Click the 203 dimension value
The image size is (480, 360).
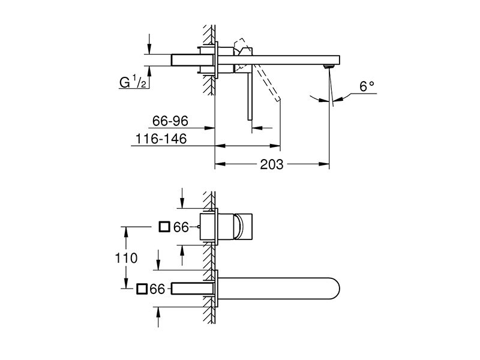click(x=272, y=164)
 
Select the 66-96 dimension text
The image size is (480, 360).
click(x=170, y=121)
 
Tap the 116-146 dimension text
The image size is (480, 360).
click(x=161, y=139)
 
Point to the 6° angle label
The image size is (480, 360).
click(x=367, y=86)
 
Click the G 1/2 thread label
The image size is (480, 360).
click(x=133, y=82)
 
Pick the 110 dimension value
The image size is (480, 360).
click(x=126, y=258)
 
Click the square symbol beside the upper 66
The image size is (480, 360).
click(x=164, y=227)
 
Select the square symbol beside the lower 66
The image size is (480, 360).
click(x=142, y=289)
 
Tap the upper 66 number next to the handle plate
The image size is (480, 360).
click(x=181, y=227)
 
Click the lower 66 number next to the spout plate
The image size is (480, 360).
click(x=158, y=289)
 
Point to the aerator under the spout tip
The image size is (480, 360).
click(x=329, y=66)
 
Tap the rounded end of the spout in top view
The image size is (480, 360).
click(x=335, y=289)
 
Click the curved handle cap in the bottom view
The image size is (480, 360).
click(x=238, y=227)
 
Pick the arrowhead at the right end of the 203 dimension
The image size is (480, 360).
click(x=325, y=164)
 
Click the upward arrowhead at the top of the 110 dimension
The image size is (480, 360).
click(x=125, y=232)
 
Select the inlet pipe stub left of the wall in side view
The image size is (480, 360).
click(x=192, y=60)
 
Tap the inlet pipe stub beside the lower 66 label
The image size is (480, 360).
click(x=192, y=289)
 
